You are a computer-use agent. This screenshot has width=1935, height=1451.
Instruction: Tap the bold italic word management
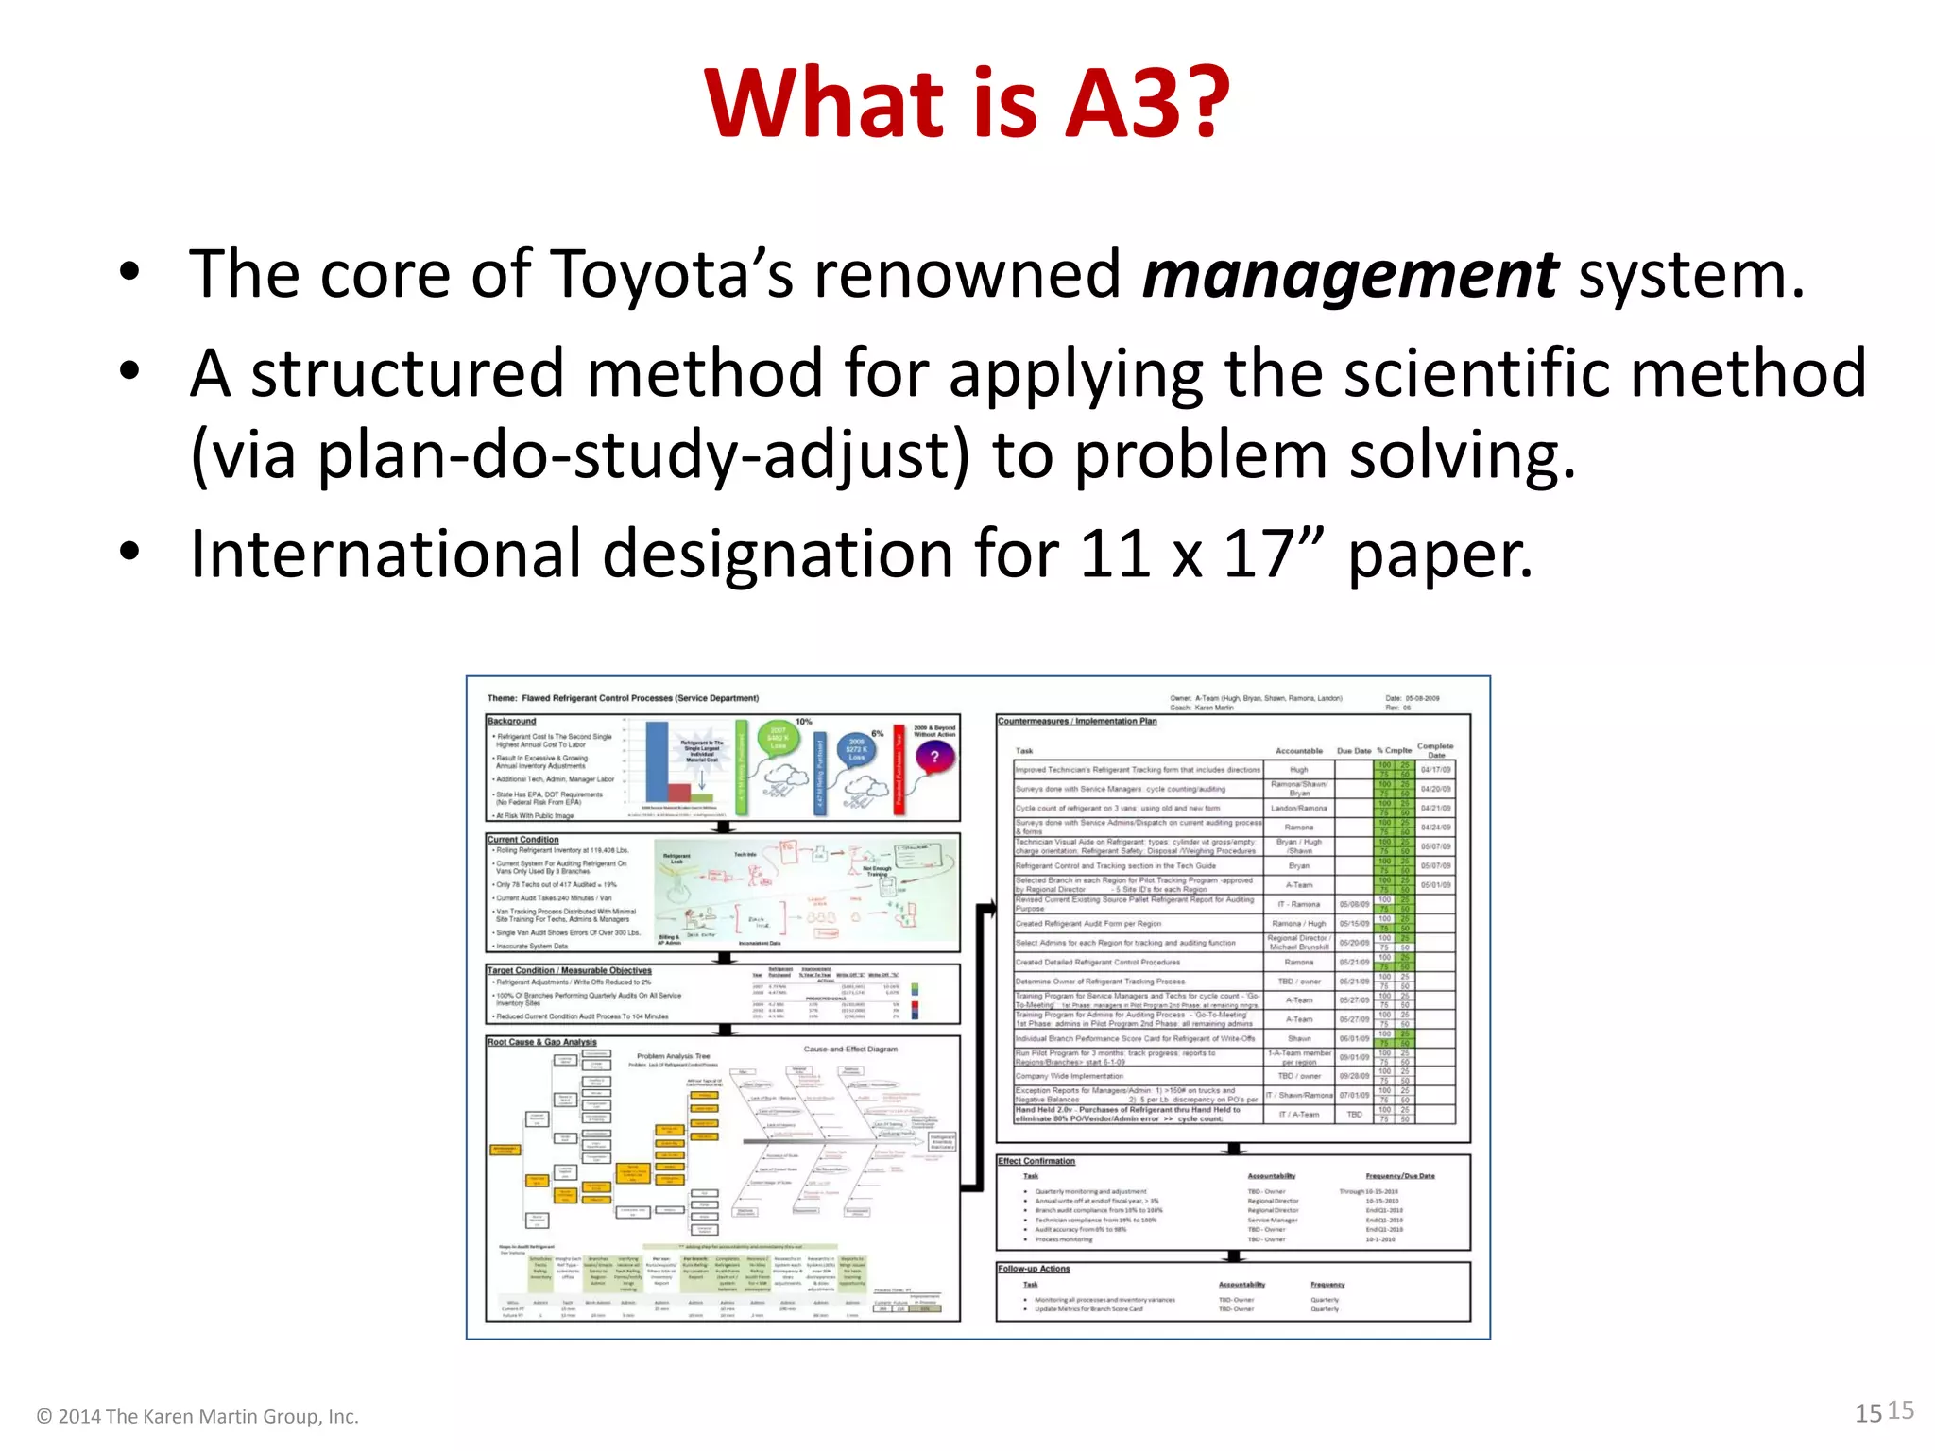[x=1349, y=275]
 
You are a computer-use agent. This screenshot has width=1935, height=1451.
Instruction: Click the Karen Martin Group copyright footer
[x=197, y=1416]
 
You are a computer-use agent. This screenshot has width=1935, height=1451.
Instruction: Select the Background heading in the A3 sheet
[x=512, y=721]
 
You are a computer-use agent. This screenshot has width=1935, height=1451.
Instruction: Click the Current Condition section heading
[x=523, y=839]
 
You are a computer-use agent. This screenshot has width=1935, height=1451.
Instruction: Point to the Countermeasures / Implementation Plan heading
[x=1077, y=721]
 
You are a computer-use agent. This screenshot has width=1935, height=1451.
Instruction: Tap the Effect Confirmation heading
[x=1036, y=1161]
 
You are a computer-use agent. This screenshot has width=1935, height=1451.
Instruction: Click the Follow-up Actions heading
[x=1035, y=1269]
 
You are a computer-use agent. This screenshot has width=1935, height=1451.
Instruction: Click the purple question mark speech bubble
[x=935, y=757]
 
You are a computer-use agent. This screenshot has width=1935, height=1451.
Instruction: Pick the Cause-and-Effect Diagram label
[x=850, y=1049]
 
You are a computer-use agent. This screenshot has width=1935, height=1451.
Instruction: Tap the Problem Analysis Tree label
[x=673, y=1056]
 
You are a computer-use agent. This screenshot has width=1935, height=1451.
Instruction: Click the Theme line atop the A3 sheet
[x=624, y=698]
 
